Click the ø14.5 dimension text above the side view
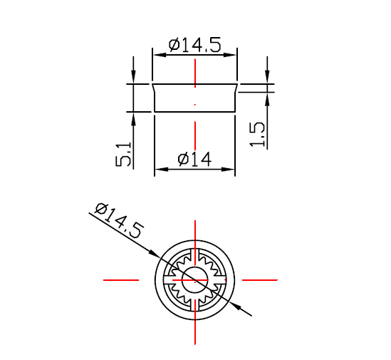194,45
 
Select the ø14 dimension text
194,160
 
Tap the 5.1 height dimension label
123,154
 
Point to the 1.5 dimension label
258,134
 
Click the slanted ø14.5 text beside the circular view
118,220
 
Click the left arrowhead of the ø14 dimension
160,170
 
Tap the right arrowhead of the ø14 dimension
230,170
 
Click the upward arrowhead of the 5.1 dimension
133,116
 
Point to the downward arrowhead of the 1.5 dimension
267,79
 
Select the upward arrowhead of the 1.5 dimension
267,97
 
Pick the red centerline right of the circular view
259,280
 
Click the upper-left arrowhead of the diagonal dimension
155,253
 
